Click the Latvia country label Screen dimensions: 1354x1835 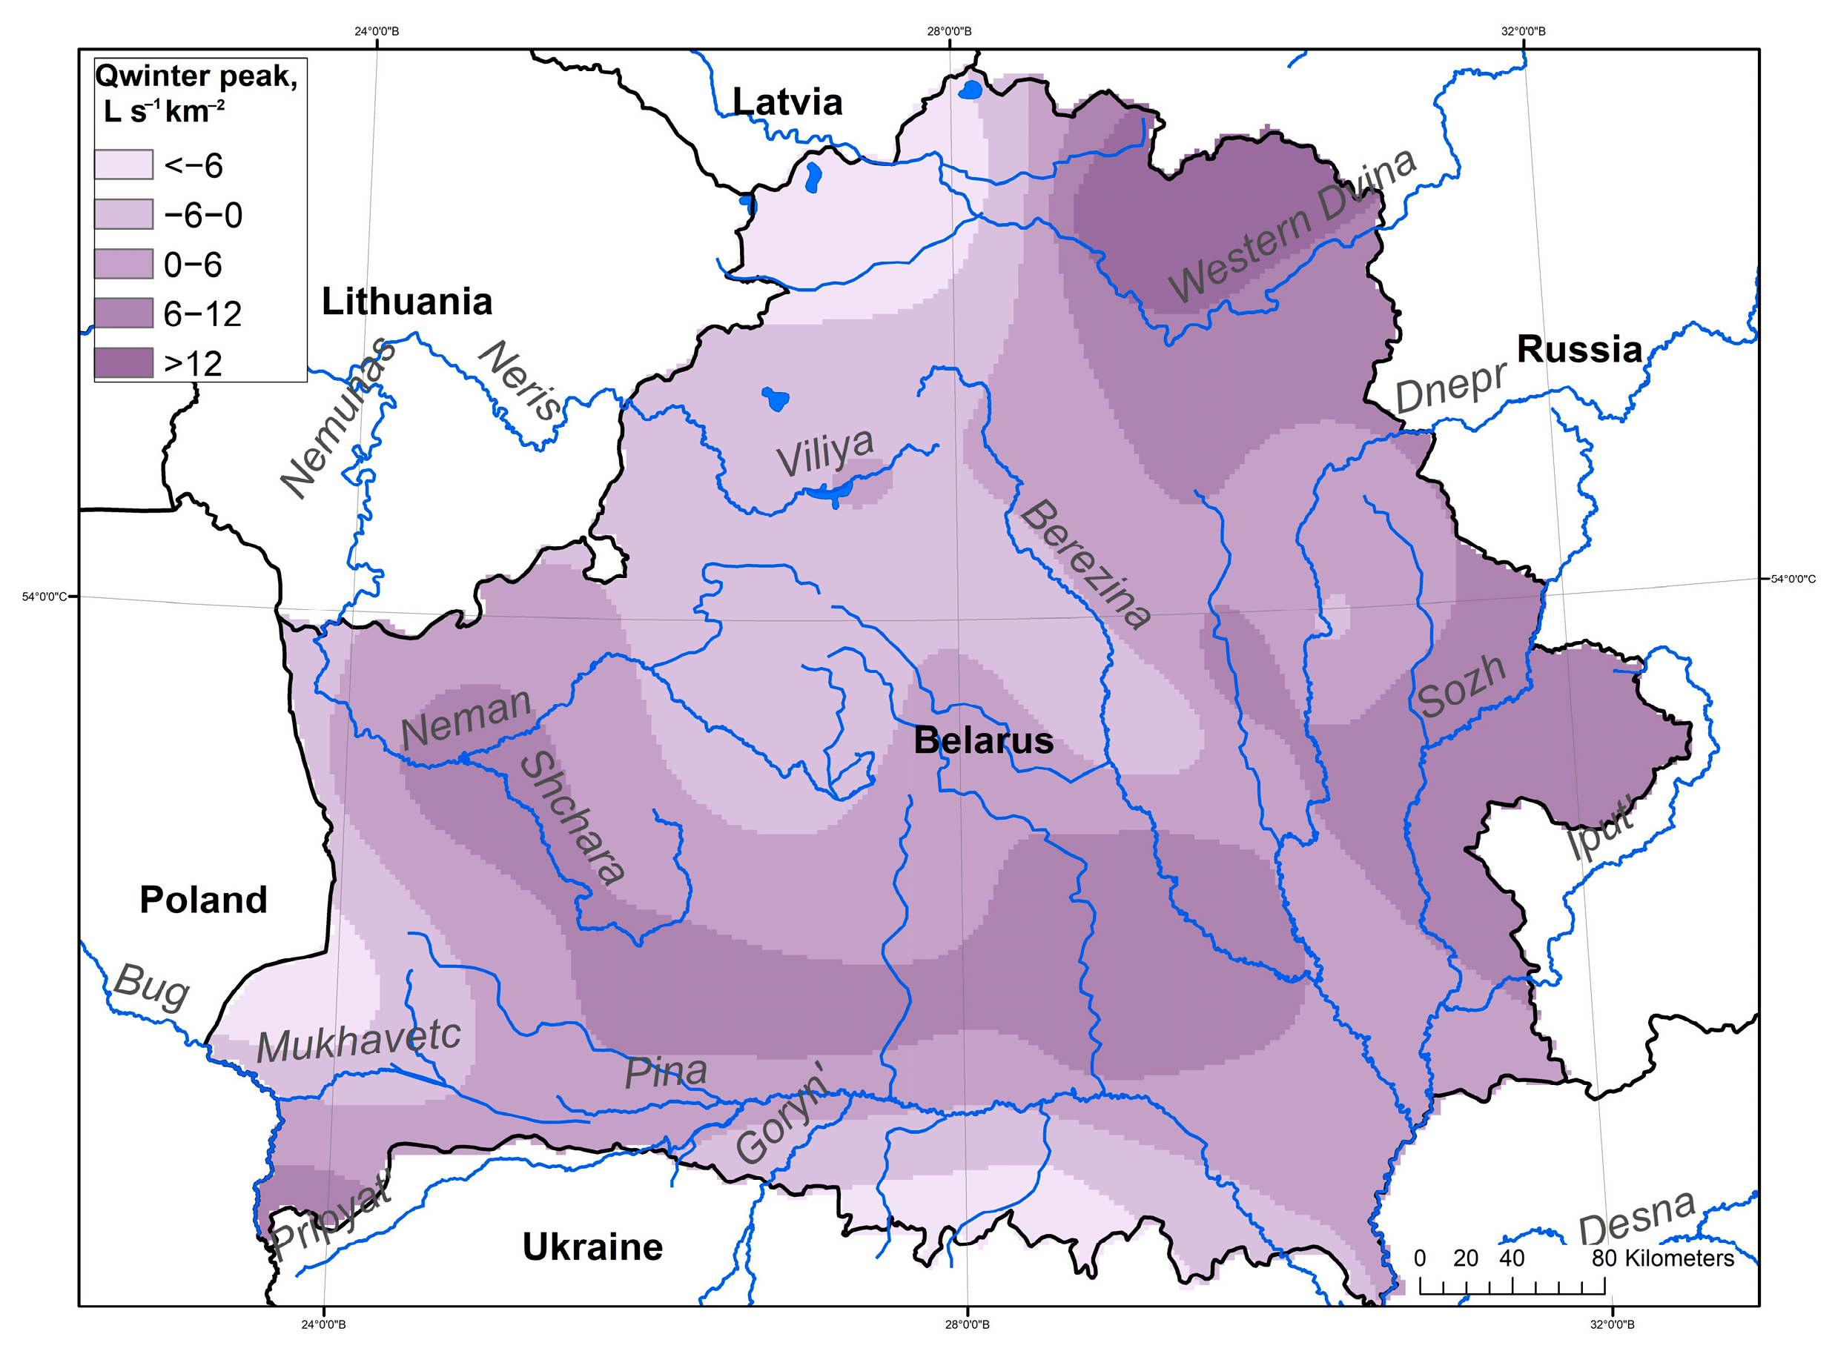(787, 102)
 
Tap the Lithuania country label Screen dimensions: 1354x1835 (407, 302)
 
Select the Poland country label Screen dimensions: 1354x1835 (203, 900)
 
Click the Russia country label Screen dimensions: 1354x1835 (1579, 349)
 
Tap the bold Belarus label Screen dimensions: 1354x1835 (983, 741)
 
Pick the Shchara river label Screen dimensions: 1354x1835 (572, 817)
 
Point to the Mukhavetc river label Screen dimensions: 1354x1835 (358, 1041)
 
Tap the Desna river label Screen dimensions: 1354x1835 (1636, 1219)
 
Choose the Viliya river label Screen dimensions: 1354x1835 (825, 451)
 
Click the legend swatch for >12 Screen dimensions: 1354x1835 (124, 363)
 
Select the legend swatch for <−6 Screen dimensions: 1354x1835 (124, 165)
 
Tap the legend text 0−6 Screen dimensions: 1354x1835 (193, 265)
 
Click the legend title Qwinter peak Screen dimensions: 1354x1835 (196, 76)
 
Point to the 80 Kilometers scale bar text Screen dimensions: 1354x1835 (1662, 1258)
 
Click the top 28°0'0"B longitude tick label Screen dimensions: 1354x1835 (949, 32)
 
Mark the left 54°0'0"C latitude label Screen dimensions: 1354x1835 (44, 597)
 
